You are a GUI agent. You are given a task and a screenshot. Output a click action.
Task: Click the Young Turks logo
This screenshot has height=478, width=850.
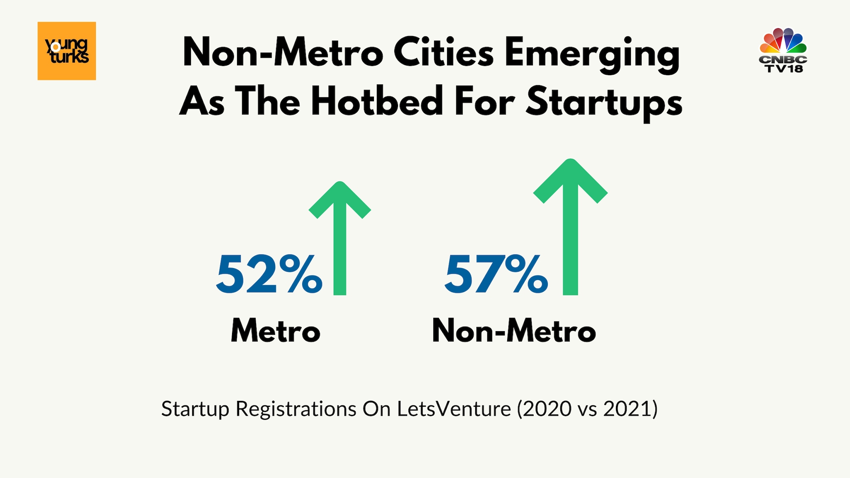pos(67,51)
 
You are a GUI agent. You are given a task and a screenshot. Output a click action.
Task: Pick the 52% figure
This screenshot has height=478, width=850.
pos(269,275)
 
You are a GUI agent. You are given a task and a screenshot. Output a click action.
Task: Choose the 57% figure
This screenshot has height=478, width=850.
pos(496,275)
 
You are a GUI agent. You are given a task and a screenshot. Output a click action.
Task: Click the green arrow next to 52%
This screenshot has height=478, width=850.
pos(340,238)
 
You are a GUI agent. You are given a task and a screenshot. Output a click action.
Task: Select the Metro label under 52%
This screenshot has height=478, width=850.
pos(276,331)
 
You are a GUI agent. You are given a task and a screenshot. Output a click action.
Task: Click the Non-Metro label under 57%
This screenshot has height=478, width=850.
pos(514,331)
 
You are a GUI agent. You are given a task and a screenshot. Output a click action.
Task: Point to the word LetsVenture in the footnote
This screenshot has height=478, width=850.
pos(454,409)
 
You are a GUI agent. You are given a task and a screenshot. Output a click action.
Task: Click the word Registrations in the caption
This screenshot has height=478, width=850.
pos(296,409)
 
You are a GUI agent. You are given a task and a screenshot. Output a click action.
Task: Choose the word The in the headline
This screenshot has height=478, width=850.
pos(268,101)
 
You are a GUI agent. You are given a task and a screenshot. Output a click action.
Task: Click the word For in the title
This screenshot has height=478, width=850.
pos(485,101)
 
